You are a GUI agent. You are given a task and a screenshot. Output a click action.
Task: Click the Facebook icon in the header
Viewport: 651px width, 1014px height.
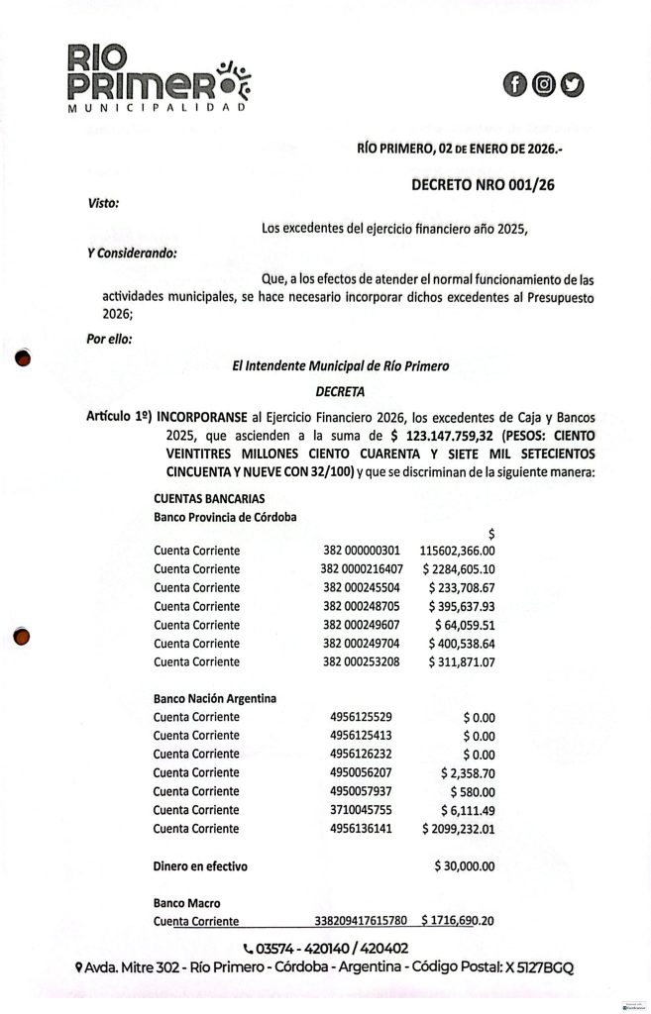pos(514,84)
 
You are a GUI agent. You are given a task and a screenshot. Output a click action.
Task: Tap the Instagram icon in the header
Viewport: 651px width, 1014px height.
pos(543,84)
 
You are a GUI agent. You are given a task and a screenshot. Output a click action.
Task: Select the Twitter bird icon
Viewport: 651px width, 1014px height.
pos(572,84)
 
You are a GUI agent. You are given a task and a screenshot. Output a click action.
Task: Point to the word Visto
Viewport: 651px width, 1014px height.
pos(103,204)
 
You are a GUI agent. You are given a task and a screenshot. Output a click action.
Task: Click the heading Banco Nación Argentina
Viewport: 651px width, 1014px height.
pos(214,698)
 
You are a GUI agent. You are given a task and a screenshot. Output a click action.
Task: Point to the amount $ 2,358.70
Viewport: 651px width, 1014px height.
pos(468,771)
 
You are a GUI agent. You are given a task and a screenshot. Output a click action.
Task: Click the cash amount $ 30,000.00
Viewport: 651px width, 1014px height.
pos(465,865)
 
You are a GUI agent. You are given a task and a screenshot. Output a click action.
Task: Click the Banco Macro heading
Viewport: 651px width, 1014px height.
pos(185,903)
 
